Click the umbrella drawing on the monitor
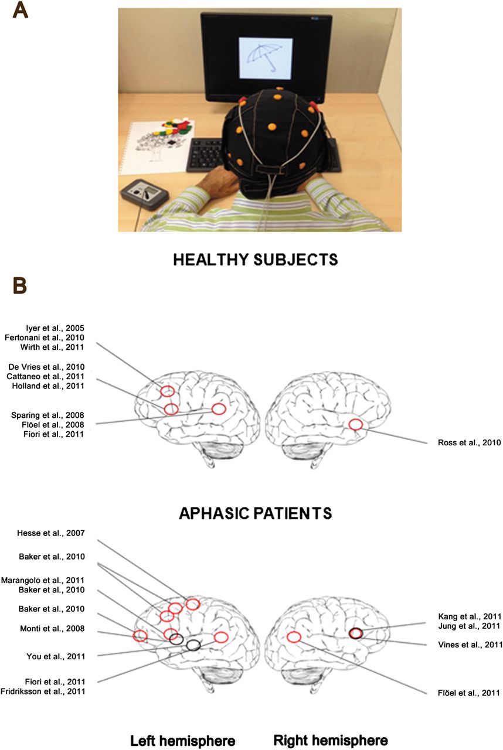pyautogui.click(x=264, y=56)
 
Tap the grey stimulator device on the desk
pyautogui.click(x=145, y=194)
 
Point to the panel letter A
pyautogui.click(x=20, y=11)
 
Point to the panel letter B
pyautogui.click(x=20, y=287)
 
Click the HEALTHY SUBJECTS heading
pyautogui.click(x=256, y=260)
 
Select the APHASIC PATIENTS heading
pyautogui.click(x=256, y=513)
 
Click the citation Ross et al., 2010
pyautogui.click(x=469, y=442)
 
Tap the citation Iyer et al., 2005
pyautogui.click(x=55, y=328)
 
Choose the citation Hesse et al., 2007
pyautogui.click(x=51, y=533)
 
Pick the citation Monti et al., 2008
pyautogui.click(x=52, y=629)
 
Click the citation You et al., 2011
pyautogui.click(x=56, y=657)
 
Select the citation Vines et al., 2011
pyautogui.click(x=470, y=645)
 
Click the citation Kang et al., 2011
pyautogui.click(x=470, y=616)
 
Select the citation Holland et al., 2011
pyautogui.click(x=48, y=386)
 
